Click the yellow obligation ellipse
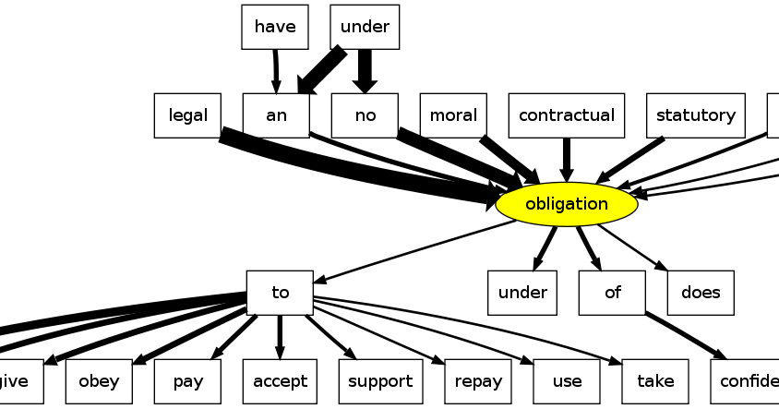566,204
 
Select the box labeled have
274,27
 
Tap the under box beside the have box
365,27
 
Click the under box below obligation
522,293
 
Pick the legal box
187,115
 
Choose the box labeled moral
453,115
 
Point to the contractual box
566,115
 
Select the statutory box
695,115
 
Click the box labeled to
280,293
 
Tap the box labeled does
700,293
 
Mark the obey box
99,381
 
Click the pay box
187,381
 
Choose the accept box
280,381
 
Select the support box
380,381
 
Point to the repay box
478,381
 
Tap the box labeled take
655,381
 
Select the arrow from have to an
275,69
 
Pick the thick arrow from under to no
365,67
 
